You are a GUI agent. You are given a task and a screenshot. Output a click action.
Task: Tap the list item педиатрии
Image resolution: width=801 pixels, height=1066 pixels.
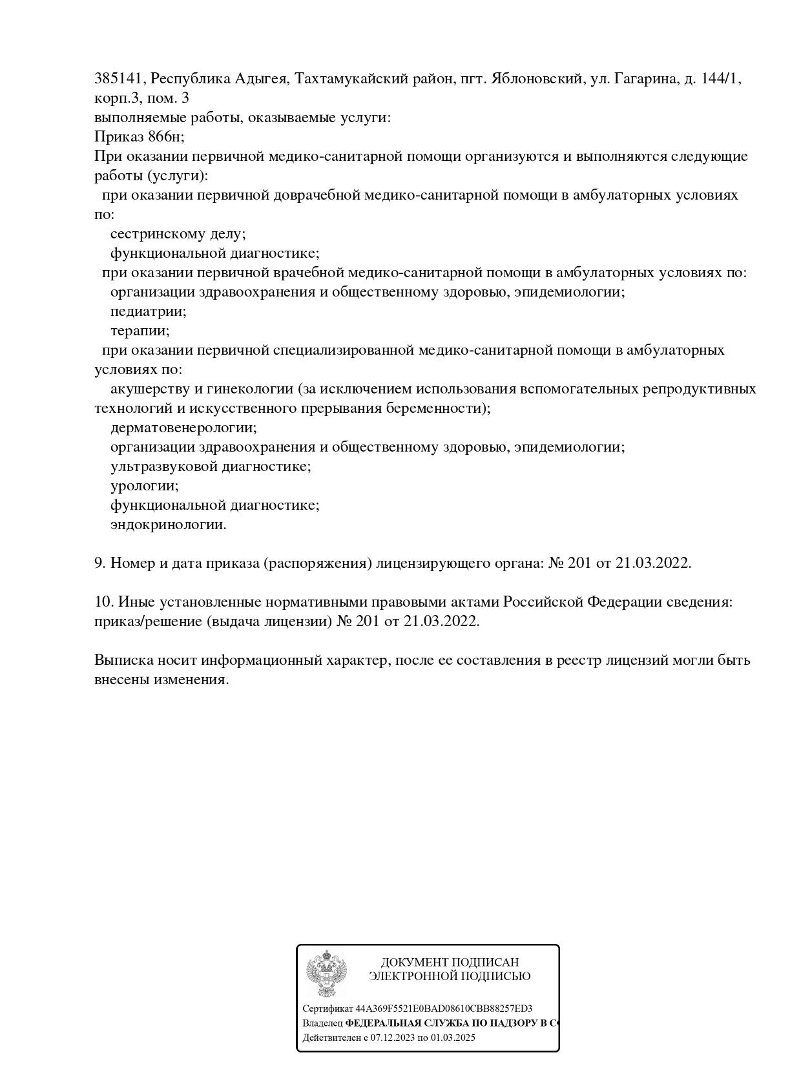click(148, 311)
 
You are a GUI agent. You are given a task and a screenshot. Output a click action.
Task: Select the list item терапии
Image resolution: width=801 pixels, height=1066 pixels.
click(140, 331)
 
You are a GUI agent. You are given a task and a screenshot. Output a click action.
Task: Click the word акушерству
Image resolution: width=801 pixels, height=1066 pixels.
click(151, 389)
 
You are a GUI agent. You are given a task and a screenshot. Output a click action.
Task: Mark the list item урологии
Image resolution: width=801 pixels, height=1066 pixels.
click(144, 486)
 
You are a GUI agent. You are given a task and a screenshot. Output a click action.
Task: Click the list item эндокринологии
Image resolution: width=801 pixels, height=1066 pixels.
click(168, 525)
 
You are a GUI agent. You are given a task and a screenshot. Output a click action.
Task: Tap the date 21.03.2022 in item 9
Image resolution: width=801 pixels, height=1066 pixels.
click(652, 563)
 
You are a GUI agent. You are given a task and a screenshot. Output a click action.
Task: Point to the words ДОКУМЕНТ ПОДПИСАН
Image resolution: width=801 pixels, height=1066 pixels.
click(450, 963)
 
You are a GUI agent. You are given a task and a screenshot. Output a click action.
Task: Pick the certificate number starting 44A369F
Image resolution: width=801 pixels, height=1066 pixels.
click(444, 1009)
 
